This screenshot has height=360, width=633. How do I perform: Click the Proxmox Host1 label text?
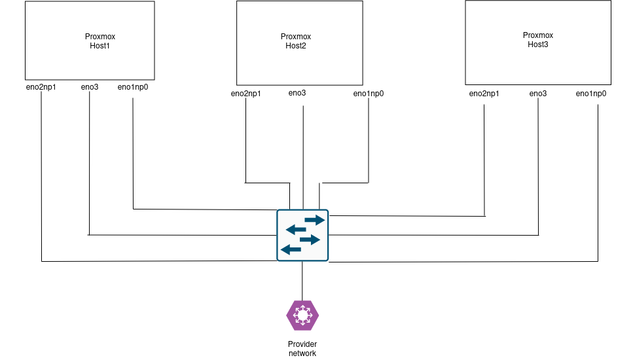[x=100, y=41]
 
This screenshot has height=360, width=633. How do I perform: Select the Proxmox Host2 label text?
[x=297, y=41]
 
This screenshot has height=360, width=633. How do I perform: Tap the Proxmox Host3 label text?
[x=537, y=40]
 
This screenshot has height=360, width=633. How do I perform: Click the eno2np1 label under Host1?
[x=41, y=86]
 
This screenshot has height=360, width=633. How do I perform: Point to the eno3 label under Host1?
[x=90, y=86]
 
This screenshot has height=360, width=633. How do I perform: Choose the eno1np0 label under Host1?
[x=133, y=86]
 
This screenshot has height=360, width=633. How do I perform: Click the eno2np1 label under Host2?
[x=246, y=94]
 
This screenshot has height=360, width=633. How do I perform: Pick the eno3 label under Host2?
[x=297, y=93]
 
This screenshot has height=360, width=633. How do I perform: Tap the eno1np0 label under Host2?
[x=369, y=94]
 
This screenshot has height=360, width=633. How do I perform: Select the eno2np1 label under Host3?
[x=484, y=94]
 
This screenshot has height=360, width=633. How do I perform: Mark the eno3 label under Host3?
[x=538, y=94]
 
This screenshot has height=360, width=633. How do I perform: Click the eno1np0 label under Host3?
[x=591, y=94]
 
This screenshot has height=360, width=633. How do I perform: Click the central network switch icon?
[x=302, y=235]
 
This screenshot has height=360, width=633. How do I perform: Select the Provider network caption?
[x=302, y=349]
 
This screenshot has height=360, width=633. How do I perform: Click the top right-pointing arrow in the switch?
[x=314, y=220]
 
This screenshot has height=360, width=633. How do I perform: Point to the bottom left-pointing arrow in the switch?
[x=291, y=249]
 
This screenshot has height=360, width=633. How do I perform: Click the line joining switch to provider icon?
[x=302, y=280]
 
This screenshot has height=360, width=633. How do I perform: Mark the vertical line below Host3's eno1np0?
[x=598, y=183]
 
